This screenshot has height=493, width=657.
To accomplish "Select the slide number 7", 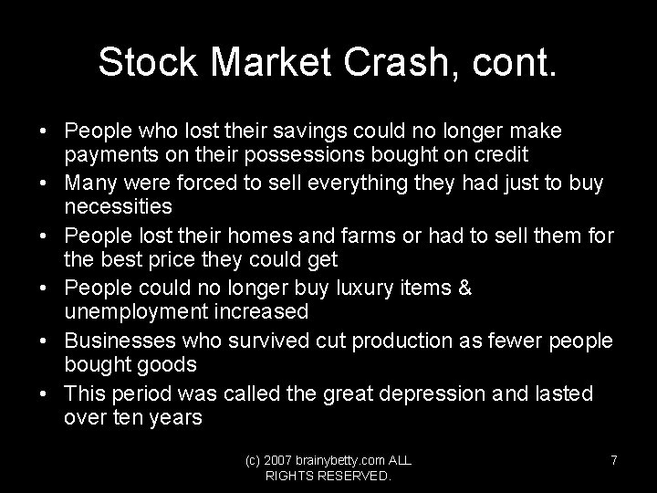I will click(614, 460).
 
